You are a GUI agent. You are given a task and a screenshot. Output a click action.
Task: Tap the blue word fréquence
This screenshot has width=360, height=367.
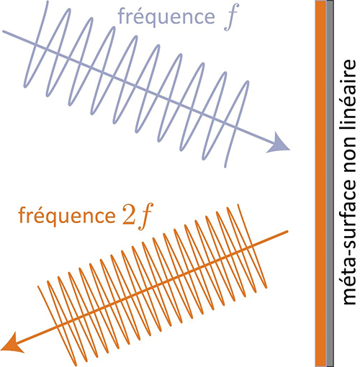pyautogui.click(x=166, y=16)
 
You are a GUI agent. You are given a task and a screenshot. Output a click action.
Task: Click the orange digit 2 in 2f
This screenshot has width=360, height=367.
pyautogui.click(x=129, y=214)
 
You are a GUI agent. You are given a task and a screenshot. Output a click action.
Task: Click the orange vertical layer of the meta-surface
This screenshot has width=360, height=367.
pyautogui.click(x=321, y=183)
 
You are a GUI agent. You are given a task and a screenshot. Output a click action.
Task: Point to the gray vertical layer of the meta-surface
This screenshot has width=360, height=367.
pyautogui.click(x=330, y=183)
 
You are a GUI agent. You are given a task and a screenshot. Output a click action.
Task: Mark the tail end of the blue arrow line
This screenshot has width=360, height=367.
pyautogui.click(x=3, y=31)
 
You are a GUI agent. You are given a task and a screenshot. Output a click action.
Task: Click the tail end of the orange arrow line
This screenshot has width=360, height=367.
pyautogui.click(x=287, y=232)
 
